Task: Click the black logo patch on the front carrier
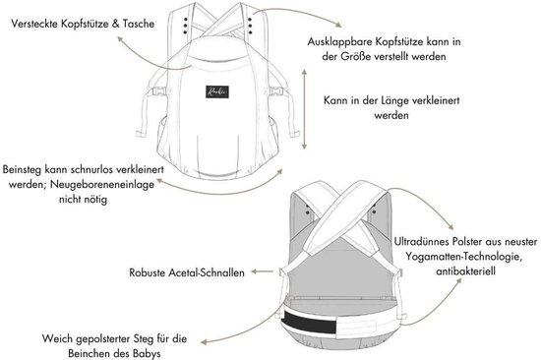tap(217, 91)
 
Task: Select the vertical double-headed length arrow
tap(304, 109)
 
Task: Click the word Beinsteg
tap(22, 170)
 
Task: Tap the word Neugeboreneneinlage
tap(102, 184)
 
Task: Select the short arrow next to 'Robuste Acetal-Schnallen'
tap(263, 271)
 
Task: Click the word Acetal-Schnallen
tap(207, 272)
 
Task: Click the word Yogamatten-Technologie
tap(463, 256)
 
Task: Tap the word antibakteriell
tap(466, 270)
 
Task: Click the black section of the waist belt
tap(309, 321)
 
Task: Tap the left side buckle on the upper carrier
tap(158, 92)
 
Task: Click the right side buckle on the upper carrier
tap(276, 91)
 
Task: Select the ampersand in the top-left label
tap(116, 24)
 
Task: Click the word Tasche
tap(139, 24)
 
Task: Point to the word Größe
tap(355, 56)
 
